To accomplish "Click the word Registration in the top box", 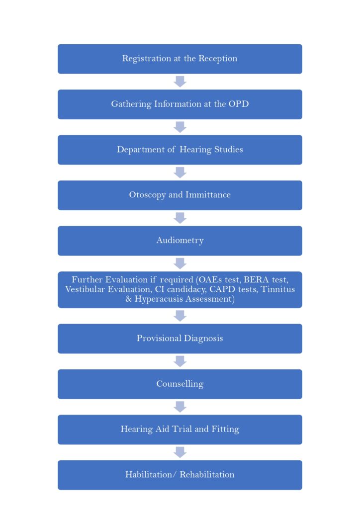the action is point(146,59).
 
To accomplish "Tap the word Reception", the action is point(218,59).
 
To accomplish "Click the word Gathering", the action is point(131,104).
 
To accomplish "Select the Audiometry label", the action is point(180,241).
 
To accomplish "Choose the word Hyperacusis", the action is point(158,299).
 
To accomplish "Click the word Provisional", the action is point(159,338).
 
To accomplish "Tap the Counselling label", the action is point(180,384).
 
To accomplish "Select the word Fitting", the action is point(225,429).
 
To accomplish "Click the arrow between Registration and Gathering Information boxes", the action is point(180,82).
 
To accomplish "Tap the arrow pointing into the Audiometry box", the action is point(180,218).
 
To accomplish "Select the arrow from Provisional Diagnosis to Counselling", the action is point(180,361).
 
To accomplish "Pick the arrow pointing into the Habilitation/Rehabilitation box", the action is point(180,452).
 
